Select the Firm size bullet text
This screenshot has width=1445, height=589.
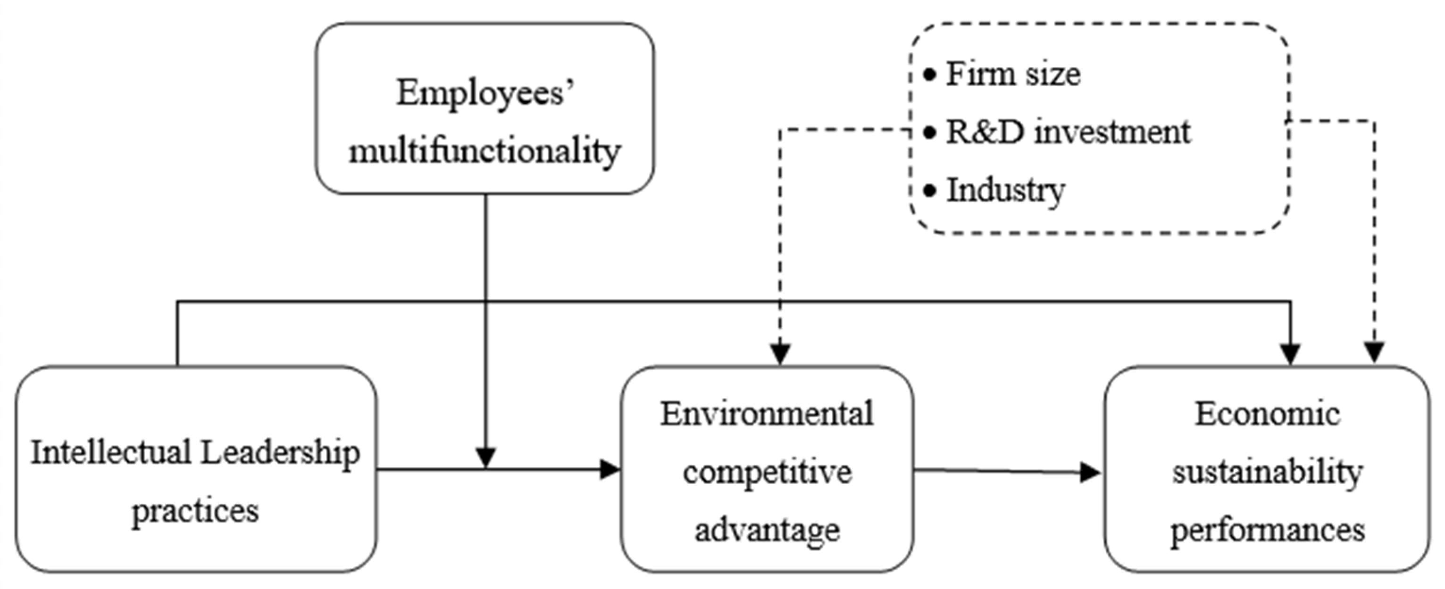[x=1013, y=74]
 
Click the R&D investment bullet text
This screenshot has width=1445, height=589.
[x=1068, y=132]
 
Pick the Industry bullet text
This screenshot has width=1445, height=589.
[x=1006, y=190]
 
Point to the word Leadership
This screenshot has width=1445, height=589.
[x=281, y=453]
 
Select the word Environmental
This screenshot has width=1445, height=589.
[x=767, y=414]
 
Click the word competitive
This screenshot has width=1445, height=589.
[x=767, y=472]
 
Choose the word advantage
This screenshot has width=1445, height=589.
[x=767, y=530]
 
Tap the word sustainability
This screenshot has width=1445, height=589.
[x=1267, y=472]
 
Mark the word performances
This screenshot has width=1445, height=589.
[x=1267, y=530]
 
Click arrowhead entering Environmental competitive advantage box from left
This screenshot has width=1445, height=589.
[x=610, y=470]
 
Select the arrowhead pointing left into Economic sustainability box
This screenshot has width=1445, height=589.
[x=1090, y=473]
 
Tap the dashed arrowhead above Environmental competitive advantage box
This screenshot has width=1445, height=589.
[x=780, y=354]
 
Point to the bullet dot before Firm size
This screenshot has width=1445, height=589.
[x=929, y=74]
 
